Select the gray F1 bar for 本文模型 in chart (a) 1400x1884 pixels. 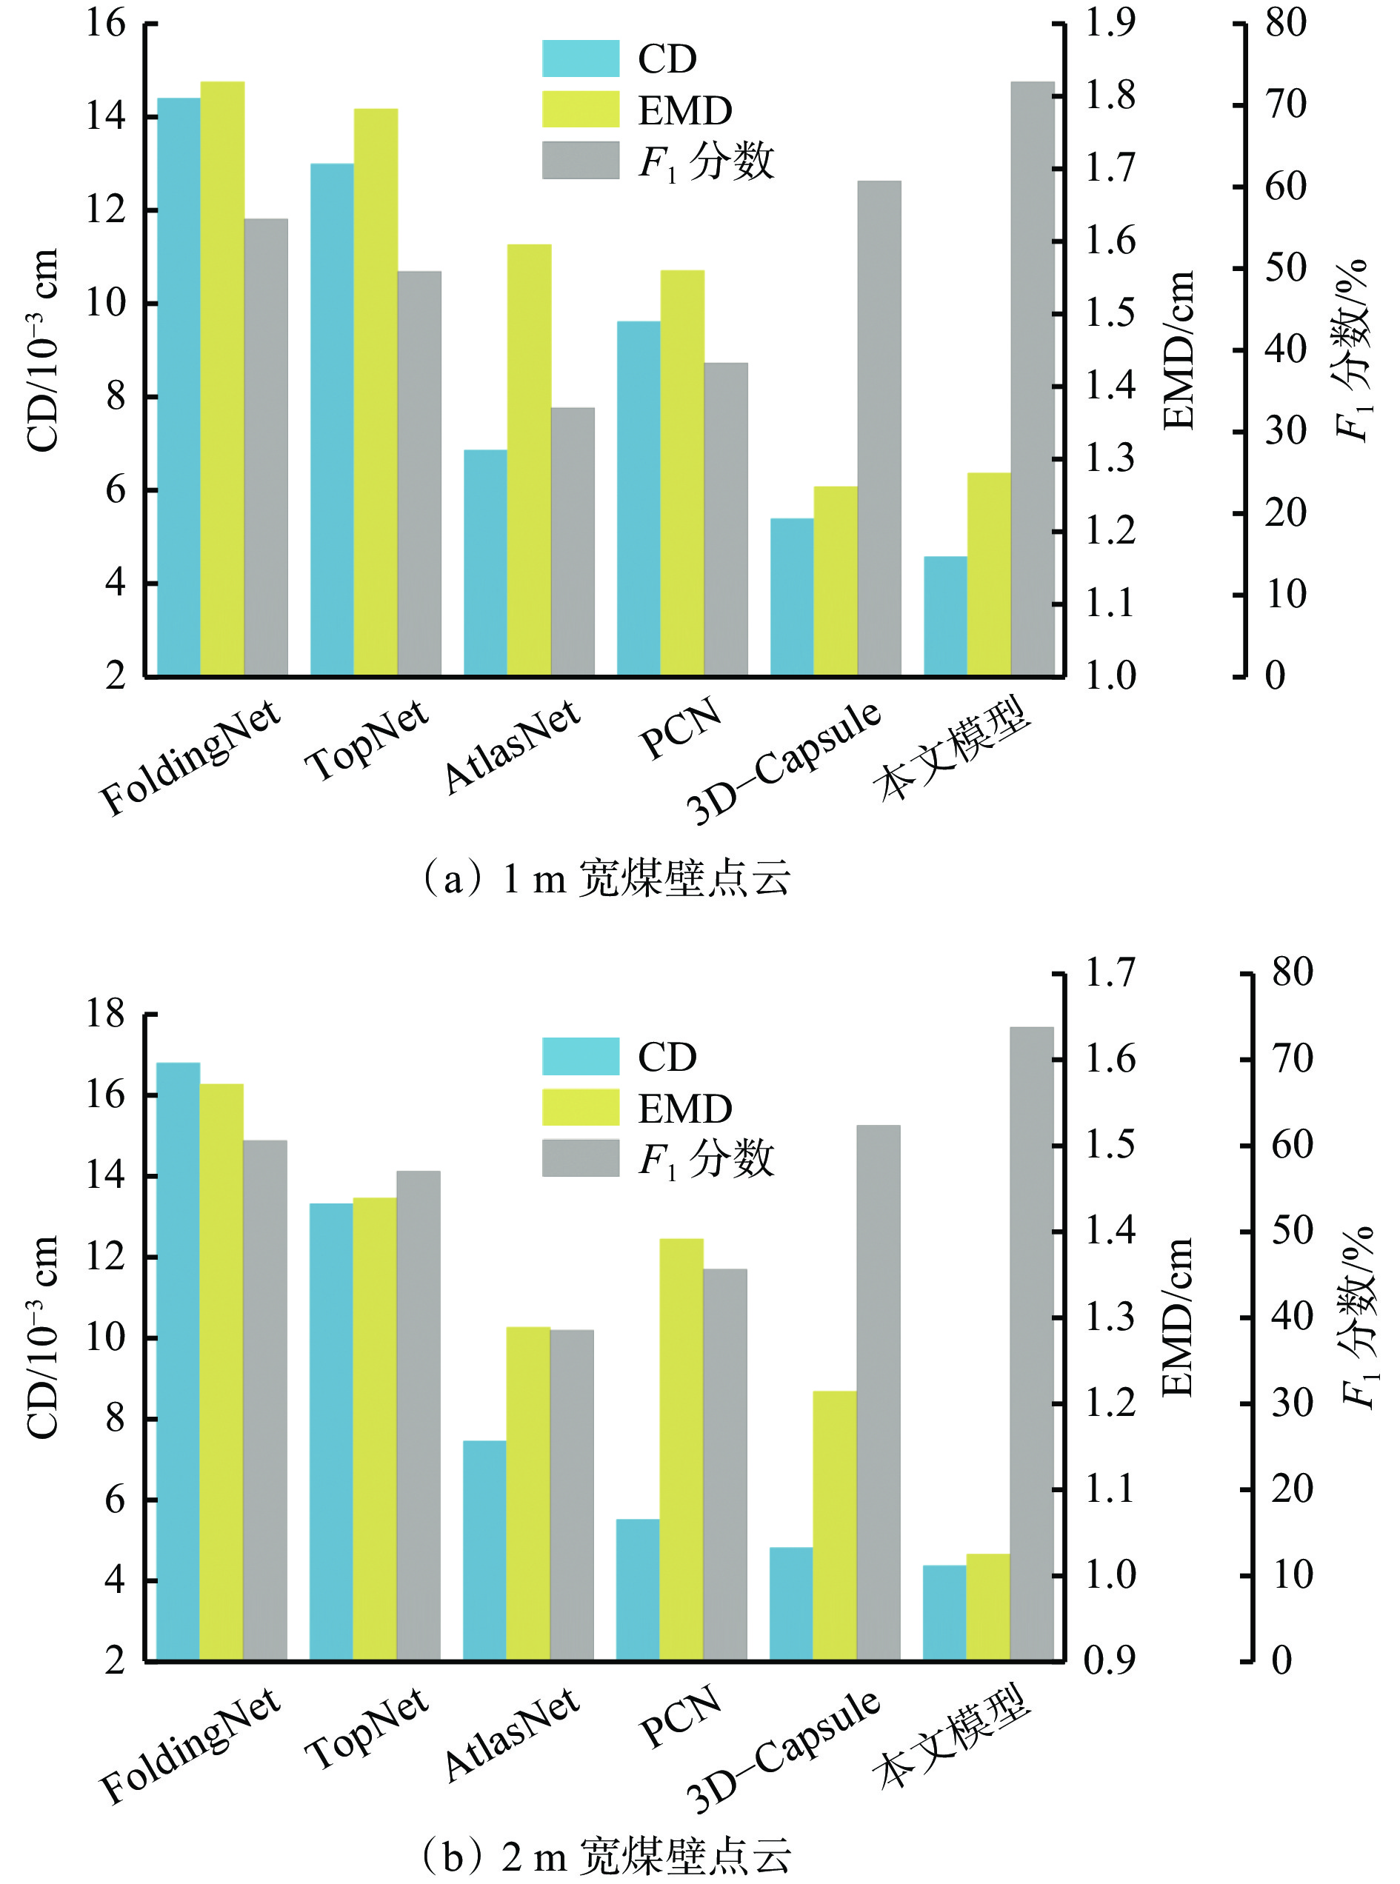click(1032, 378)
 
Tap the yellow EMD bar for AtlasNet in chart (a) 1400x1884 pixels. click(529, 459)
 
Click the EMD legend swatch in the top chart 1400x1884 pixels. click(581, 110)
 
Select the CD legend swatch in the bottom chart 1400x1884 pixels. click(581, 1055)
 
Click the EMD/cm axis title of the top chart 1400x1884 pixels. click(1178, 350)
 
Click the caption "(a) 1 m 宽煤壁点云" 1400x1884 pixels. click(605, 878)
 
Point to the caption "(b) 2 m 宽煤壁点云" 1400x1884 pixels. click(605, 1855)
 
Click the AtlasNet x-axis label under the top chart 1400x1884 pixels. click(512, 747)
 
